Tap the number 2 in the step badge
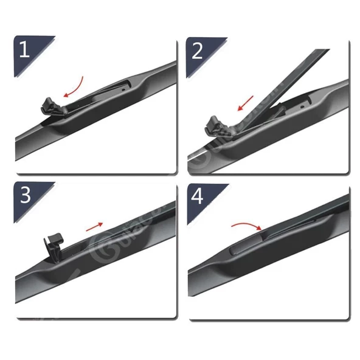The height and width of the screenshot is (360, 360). click(198, 50)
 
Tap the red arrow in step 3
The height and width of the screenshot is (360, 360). click(94, 227)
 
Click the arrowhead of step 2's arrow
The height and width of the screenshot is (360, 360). click(241, 109)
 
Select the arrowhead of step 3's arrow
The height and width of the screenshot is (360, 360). click(101, 224)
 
